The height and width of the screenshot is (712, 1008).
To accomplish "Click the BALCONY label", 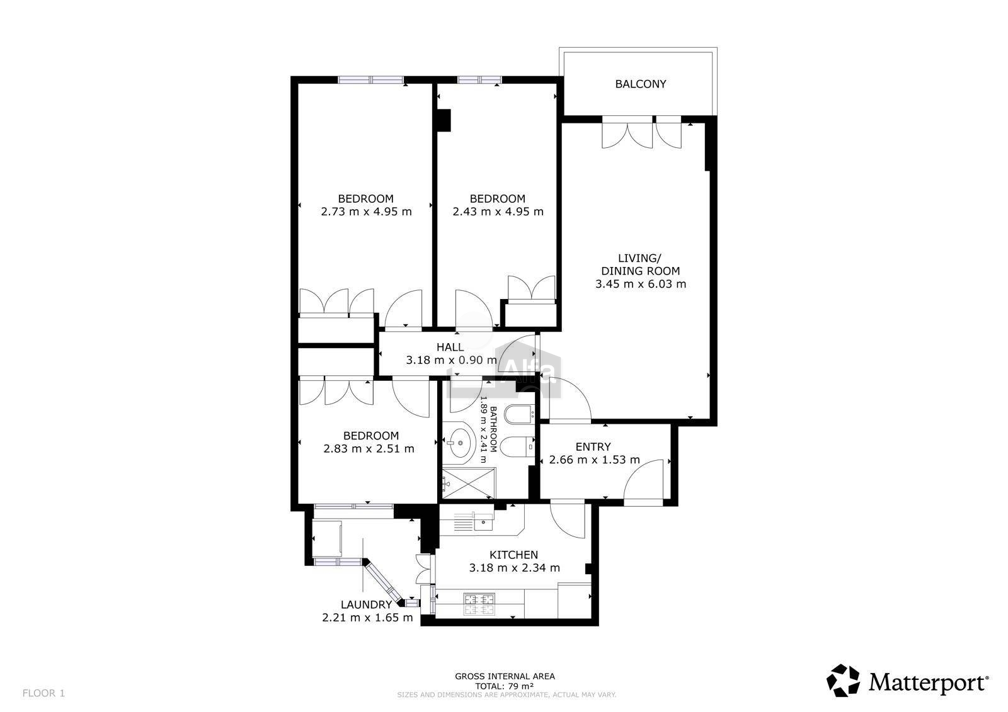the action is (640, 84).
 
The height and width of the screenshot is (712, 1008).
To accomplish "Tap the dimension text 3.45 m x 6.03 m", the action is (640, 284).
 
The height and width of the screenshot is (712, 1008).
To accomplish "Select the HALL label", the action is (450, 348).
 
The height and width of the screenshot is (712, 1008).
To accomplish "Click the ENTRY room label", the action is (593, 446).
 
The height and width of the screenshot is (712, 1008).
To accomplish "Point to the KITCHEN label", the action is (513, 555).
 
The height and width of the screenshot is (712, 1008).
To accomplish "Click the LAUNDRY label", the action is (366, 604).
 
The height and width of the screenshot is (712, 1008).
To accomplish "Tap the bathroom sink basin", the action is (459, 443).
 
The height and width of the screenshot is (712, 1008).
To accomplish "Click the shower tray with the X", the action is (469, 483).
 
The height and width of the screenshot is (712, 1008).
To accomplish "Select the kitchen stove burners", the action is (479, 604).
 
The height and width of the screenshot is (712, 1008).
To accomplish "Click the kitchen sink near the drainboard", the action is (483, 522).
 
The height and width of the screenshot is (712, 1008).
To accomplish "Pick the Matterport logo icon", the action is (843, 681).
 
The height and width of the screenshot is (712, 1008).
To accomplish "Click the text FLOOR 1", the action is (43, 693).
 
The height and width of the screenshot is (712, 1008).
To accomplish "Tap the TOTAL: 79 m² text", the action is (505, 686).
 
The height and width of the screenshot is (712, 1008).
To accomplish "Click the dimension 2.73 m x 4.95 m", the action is (366, 212).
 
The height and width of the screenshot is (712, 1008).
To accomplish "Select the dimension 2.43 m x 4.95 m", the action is (498, 212).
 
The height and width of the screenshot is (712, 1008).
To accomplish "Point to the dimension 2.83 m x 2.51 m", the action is (369, 448).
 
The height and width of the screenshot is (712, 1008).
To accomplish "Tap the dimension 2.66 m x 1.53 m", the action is (595, 460).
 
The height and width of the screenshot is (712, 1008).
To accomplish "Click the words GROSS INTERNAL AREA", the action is (505, 676).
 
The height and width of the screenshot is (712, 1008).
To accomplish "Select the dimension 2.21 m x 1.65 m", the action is (368, 618).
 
